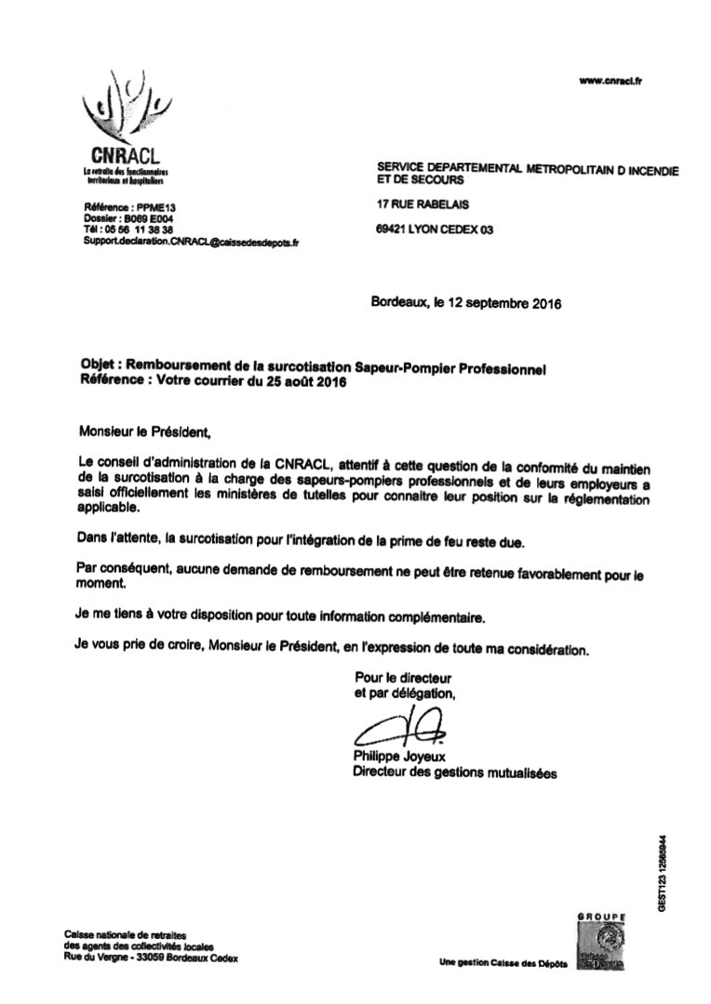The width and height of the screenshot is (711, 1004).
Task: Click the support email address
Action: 191,241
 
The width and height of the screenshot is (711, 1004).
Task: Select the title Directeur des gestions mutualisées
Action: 455,772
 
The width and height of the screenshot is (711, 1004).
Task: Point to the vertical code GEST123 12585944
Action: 662,874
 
